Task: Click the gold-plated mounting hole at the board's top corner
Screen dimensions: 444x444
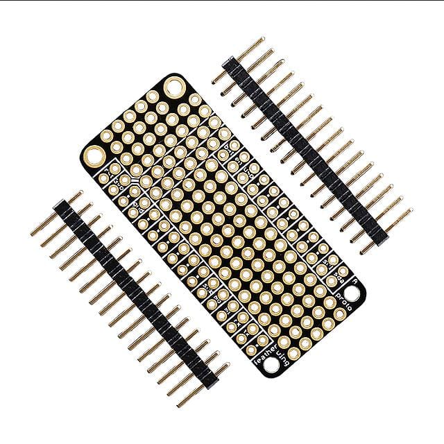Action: [174, 87]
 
